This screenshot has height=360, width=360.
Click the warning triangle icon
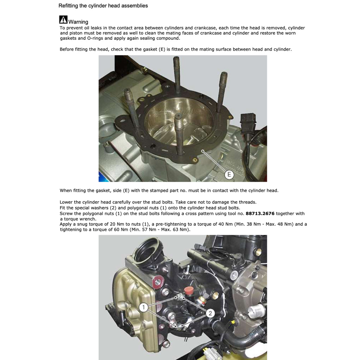coord(63,20)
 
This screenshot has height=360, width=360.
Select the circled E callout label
coord(229,174)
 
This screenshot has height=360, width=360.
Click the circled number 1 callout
coord(143,308)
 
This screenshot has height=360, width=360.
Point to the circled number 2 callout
coord(210,313)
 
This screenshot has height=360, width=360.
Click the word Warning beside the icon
coord(78,22)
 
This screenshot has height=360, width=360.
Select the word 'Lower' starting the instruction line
coord(66,202)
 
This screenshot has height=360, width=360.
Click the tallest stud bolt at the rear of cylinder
coord(176,74)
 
